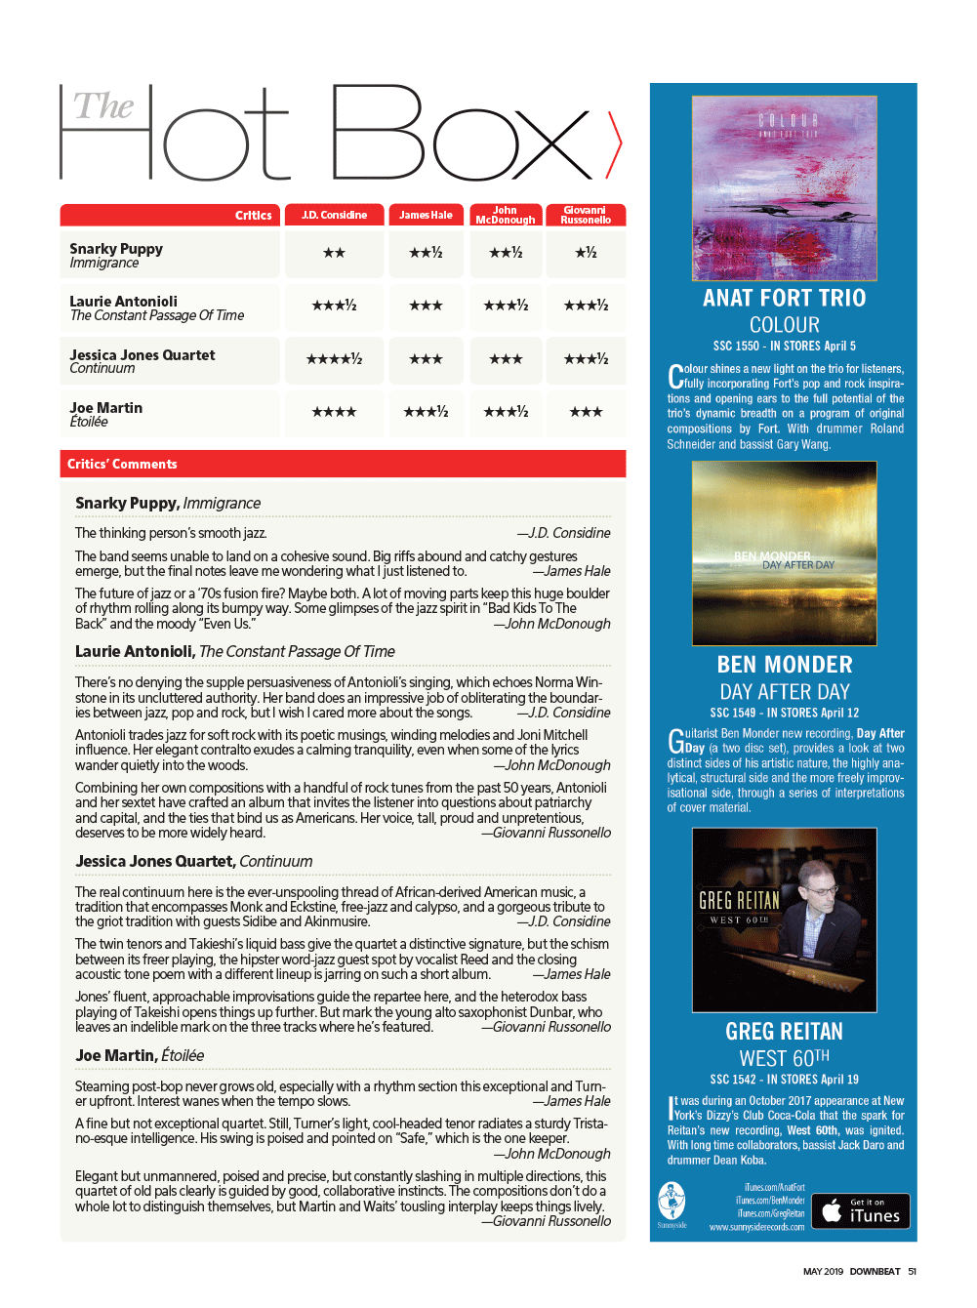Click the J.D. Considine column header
[x=334, y=215]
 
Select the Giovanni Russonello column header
[x=586, y=215]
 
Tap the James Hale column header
[x=426, y=215]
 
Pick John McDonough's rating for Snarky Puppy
[x=506, y=253]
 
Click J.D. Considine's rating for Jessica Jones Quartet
[x=334, y=359]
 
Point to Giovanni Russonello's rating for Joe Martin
[x=586, y=412]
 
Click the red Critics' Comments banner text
[x=122, y=464]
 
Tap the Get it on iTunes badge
[x=861, y=1210]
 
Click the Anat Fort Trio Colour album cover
[x=785, y=187]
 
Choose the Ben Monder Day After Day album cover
[x=785, y=552]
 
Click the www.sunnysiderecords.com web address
[x=756, y=1227]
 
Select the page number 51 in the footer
[x=912, y=1271]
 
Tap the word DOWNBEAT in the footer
[x=875, y=1271]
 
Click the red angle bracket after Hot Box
[x=614, y=144]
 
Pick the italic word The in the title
[x=103, y=106]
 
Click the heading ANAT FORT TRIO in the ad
[x=785, y=298]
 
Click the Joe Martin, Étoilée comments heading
[x=140, y=1055]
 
